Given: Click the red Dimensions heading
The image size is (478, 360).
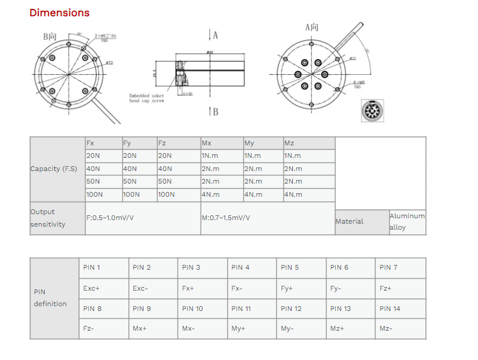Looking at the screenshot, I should (x=59, y=13).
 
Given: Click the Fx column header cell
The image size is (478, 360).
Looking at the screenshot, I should (x=103, y=143).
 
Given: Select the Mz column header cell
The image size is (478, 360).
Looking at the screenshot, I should (x=309, y=143).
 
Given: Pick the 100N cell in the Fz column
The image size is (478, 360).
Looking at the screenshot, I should (x=179, y=194).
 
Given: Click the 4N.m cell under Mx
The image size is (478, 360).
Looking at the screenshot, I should (x=222, y=194).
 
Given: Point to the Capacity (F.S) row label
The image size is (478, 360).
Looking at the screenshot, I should (x=57, y=169).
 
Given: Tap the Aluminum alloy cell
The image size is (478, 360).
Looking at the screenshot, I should (x=407, y=221).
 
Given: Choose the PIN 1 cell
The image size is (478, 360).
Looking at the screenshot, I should (x=103, y=267).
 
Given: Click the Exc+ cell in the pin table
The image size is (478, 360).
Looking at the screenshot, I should (x=103, y=288).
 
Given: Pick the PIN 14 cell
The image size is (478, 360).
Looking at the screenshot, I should (x=400, y=309).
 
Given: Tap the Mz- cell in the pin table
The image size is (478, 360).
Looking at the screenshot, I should (x=400, y=328).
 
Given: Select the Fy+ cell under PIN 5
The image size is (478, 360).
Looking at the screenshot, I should (x=301, y=288).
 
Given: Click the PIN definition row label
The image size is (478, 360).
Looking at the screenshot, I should (x=54, y=298).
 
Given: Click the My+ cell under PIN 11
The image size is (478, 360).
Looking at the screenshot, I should (x=252, y=328).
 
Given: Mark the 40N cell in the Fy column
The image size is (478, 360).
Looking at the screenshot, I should (x=139, y=169).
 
